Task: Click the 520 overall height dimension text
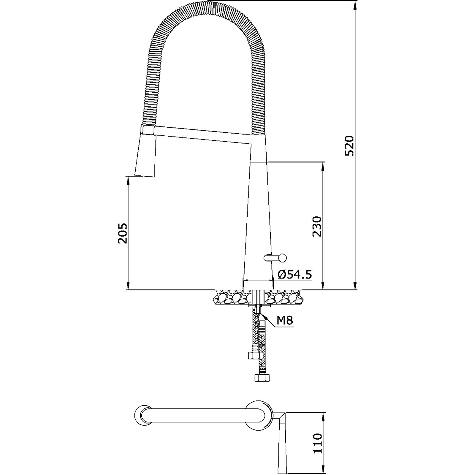[349, 145]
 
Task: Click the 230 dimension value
[317, 226]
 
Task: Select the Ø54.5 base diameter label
[295, 275]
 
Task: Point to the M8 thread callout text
[285, 321]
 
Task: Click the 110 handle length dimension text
[317, 443]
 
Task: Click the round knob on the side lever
[282, 258]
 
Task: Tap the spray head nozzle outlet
[145, 176]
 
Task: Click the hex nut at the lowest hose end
[262, 378]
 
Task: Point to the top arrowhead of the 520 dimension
[355, 4]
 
